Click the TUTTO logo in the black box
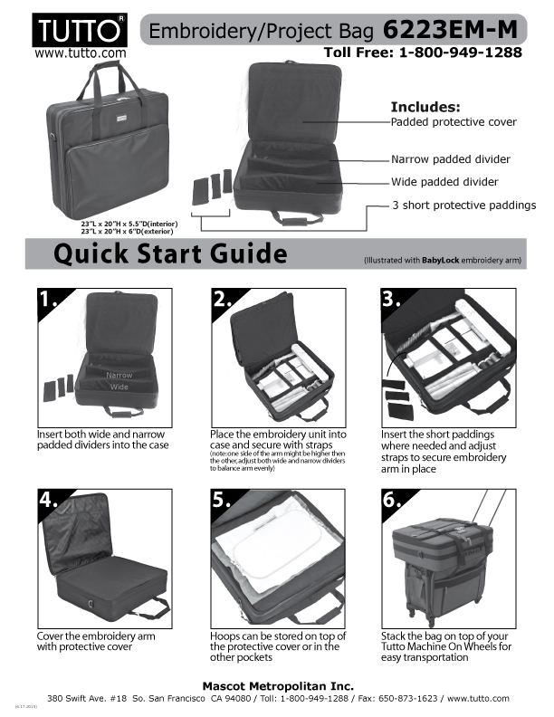[x=80, y=30]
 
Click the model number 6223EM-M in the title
[x=450, y=30]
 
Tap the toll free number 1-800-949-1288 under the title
[x=460, y=53]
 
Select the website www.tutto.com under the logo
[x=80, y=53]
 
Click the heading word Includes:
[x=425, y=107]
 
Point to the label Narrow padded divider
[x=450, y=159]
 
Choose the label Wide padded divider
[x=444, y=182]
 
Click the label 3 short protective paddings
[x=464, y=206]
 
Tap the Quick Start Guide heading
[x=170, y=253]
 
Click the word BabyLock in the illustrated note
[x=440, y=261]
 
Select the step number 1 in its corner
[x=48, y=300]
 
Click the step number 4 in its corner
[x=48, y=500]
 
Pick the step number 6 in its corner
[x=392, y=500]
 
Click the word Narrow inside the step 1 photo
[x=119, y=375]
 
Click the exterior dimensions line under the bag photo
[x=127, y=232]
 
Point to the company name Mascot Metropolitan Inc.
[x=278, y=686]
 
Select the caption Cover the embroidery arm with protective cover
[x=96, y=641]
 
